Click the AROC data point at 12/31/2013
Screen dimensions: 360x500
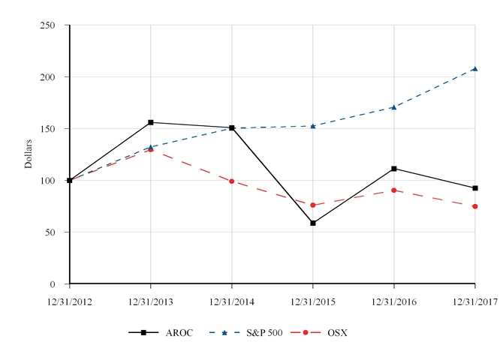coord(151,122)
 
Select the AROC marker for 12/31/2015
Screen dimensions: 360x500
coord(313,223)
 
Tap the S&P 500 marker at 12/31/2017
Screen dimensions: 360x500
coord(474,69)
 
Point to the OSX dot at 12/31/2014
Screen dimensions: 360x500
coord(232,181)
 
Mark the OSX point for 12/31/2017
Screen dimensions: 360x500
coord(474,206)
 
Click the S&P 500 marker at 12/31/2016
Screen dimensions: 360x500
coord(394,107)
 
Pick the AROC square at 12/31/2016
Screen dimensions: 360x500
coord(394,169)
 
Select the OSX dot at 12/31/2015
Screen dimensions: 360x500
coord(313,205)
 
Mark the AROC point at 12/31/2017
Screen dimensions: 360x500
coord(474,188)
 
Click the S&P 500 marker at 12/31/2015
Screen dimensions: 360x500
coord(313,126)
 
